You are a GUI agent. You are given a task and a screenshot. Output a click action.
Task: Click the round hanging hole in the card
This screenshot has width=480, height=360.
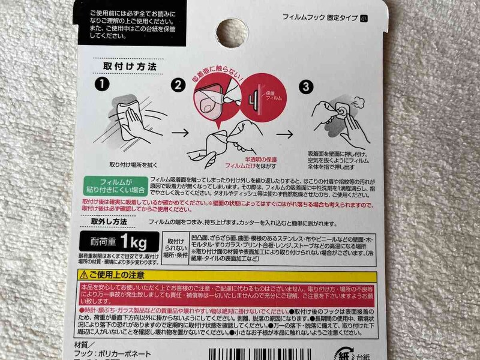pyautogui.click(x=227, y=29)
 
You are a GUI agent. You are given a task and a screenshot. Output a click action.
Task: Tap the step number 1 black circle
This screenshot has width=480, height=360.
pyautogui.click(x=103, y=85)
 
